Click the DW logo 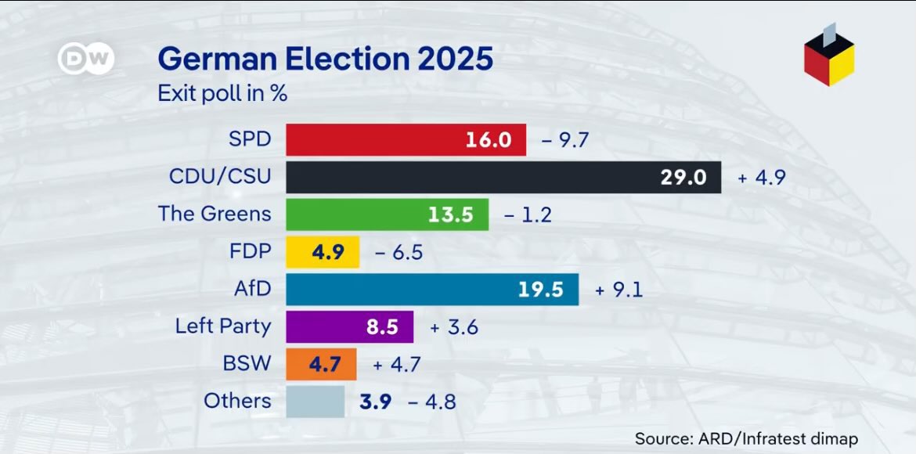[x=86, y=59]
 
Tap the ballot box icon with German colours [x=828, y=58]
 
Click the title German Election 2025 [x=326, y=59]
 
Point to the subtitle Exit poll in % [x=222, y=94]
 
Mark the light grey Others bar [x=315, y=402]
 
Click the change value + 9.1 [x=618, y=290]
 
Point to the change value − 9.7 [x=564, y=141]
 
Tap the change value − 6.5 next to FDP [x=398, y=253]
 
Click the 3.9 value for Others [x=377, y=402]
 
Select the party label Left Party [x=222, y=326]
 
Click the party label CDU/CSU [x=220, y=177]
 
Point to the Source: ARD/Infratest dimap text [x=746, y=438]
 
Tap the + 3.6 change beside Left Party [x=453, y=328]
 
